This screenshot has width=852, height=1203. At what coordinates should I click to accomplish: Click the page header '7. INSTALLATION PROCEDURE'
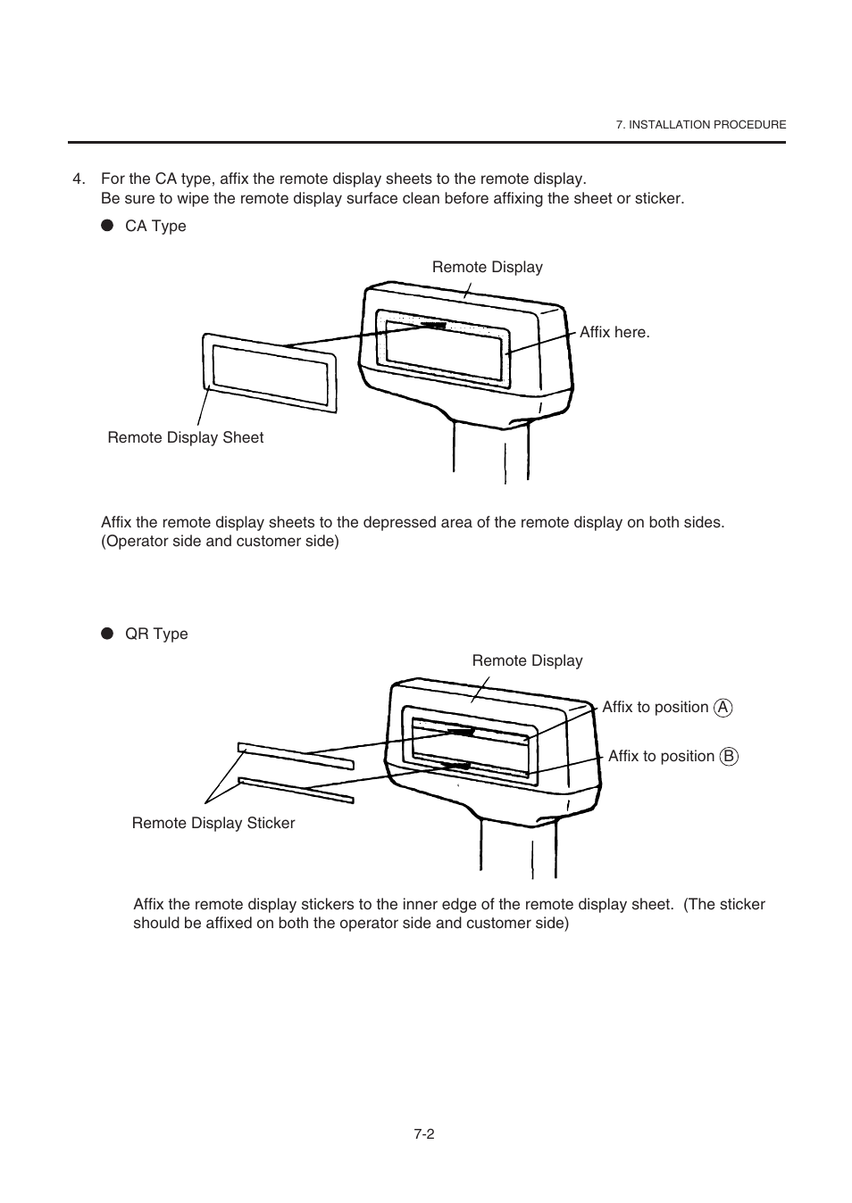pyautogui.click(x=700, y=125)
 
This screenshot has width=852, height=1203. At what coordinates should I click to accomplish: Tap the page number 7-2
pyautogui.click(x=423, y=1133)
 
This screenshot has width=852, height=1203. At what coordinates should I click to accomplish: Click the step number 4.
pyautogui.click(x=78, y=178)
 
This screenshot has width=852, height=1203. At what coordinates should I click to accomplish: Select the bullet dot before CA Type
pyautogui.click(x=107, y=226)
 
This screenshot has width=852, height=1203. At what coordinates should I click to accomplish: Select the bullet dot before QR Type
pyautogui.click(x=107, y=634)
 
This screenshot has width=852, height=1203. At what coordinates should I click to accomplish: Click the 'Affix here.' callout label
pyautogui.click(x=614, y=332)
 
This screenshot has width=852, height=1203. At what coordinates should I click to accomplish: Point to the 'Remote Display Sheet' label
pyautogui.click(x=185, y=437)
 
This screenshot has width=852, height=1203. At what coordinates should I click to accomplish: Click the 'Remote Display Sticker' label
pyautogui.click(x=213, y=823)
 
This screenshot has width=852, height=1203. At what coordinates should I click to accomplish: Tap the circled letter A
pyautogui.click(x=723, y=708)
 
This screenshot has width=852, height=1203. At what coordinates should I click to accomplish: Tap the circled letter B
pyautogui.click(x=729, y=757)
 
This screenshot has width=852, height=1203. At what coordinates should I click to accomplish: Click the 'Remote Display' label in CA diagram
pyautogui.click(x=487, y=267)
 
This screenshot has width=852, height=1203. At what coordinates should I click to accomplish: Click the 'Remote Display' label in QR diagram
pyautogui.click(x=527, y=660)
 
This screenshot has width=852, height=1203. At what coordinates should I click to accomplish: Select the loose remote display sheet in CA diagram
pyautogui.click(x=270, y=373)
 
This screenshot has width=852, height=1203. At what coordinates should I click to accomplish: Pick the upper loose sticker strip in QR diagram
pyautogui.click(x=295, y=755)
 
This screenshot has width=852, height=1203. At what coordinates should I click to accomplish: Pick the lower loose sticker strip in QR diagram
pyautogui.click(x=295, y=790)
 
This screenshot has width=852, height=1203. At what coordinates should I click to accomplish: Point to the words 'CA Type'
pyautogui.click(x=155, y=226)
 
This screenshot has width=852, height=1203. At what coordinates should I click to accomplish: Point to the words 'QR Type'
pyautogui.click(x=156, y=634)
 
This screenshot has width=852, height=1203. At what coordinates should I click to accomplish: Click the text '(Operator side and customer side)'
pyautogui.click(x=220, y=541)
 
